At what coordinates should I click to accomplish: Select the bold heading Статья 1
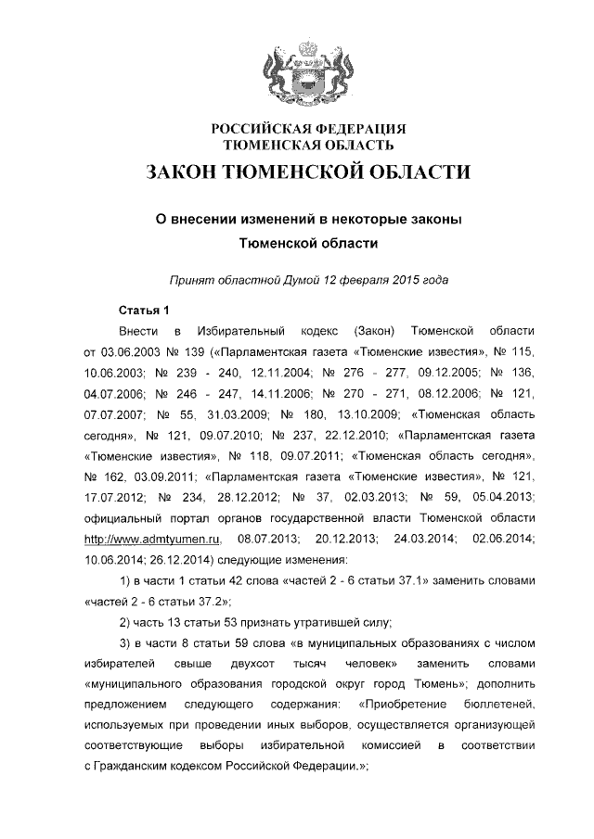[145, 309]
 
